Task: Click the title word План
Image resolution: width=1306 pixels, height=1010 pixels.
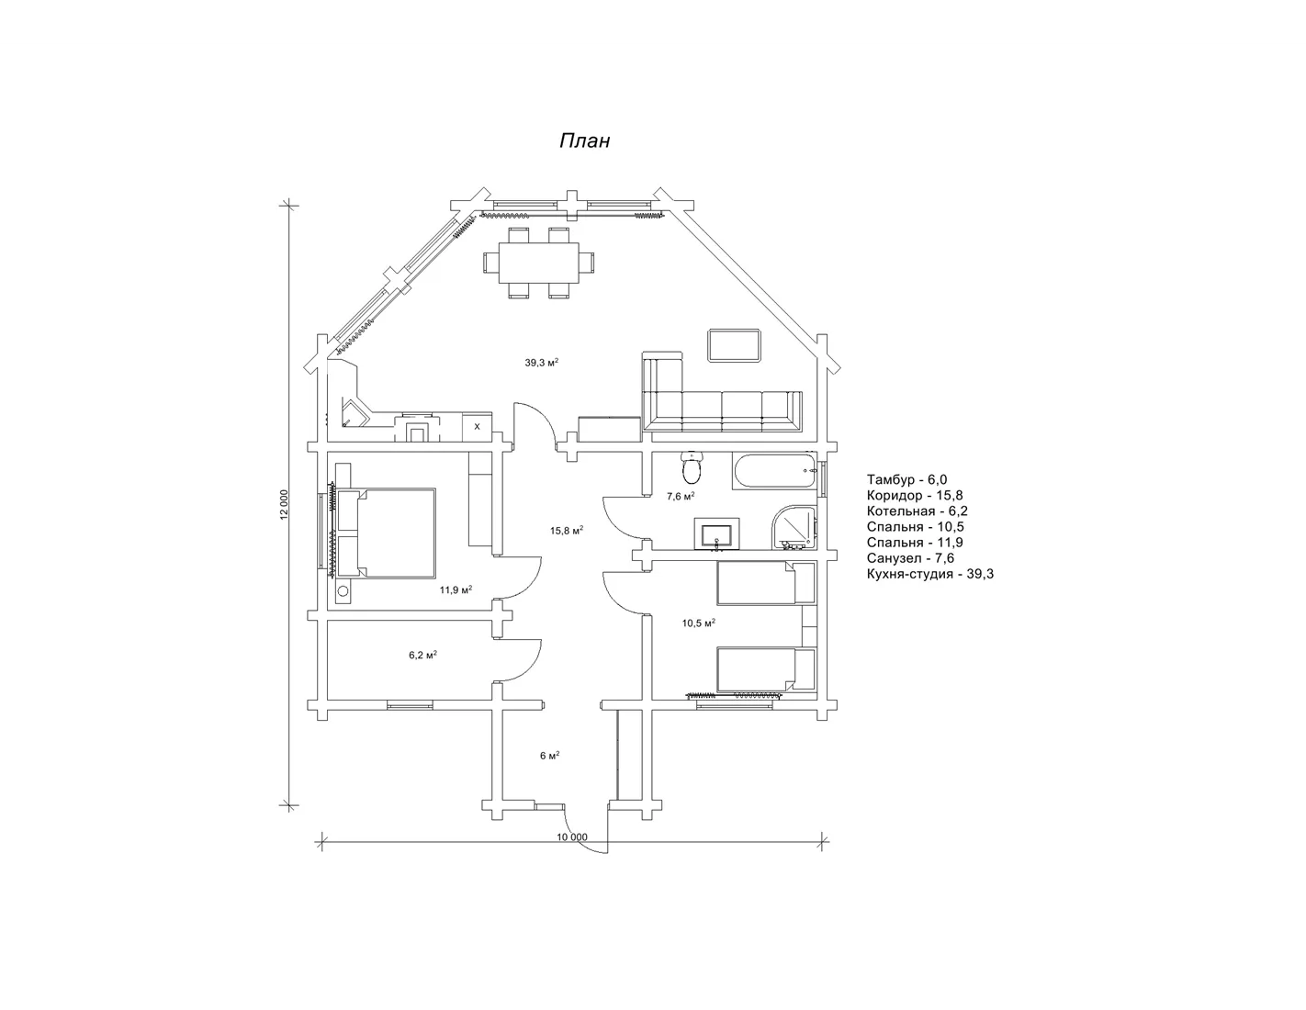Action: [x=584, y=140]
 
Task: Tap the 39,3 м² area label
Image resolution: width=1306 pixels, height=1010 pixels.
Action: [x=542, y=363]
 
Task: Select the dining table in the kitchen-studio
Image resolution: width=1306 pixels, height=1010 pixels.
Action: [x=539, y=263]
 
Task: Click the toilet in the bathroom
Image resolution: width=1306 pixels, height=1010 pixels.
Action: [x=692, y=468]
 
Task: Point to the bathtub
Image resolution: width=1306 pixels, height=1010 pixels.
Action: [x=775, y=471]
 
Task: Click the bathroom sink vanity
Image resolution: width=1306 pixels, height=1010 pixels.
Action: [x=717, y=533]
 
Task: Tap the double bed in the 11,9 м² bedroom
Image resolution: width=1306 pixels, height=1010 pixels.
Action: [x=386, y=533]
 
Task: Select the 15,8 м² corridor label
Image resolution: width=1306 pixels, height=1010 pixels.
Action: [x=566, y=531]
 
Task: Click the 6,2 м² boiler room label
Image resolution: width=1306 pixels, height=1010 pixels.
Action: [x=422, y=655]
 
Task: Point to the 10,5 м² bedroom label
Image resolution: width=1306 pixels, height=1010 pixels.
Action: [x=698, y=623]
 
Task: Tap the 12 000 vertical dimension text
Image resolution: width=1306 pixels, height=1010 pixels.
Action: [x=285, y=505]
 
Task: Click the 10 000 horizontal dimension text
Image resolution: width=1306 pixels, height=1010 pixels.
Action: [x=571, y=837]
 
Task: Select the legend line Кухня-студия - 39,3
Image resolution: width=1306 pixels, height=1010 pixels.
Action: [x=929, y=574]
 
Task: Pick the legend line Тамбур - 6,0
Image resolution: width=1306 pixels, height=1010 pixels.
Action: [x=906, y=479]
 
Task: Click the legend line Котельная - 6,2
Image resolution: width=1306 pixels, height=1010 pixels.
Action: [x=918, y=511]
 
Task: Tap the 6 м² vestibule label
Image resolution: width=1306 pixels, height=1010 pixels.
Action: [x=549, y=756]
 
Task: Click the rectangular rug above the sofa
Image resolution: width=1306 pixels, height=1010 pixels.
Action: [x=735, y=345]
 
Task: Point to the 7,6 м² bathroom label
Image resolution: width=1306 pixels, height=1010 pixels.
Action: [x=681, y=497]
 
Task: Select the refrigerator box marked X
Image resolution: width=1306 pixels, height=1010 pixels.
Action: [x=478, y=427]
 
